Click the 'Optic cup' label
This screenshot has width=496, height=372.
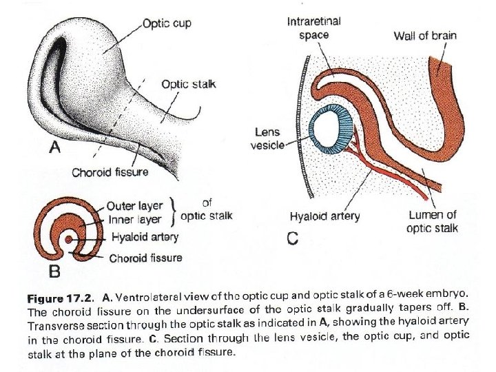coord(167,23)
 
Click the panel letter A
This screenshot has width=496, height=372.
coord(54,147)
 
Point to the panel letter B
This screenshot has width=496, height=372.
coord(54,271)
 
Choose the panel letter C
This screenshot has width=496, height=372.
coord(292,240)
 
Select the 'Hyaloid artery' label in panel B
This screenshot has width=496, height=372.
coord(145,237)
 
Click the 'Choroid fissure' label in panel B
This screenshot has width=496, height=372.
coord(146,258)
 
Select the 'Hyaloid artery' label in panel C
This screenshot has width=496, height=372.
coord(324,216)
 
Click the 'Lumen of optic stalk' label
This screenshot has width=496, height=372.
coord(433,222)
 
